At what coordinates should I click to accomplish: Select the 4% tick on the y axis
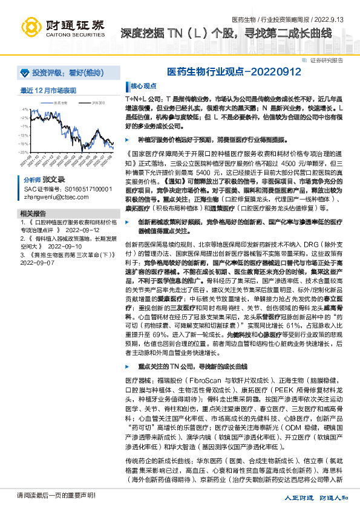tap(25, 109)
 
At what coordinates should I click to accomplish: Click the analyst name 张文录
tap(53, 180)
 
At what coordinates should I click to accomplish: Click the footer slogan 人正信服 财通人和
tap(316, 497)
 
